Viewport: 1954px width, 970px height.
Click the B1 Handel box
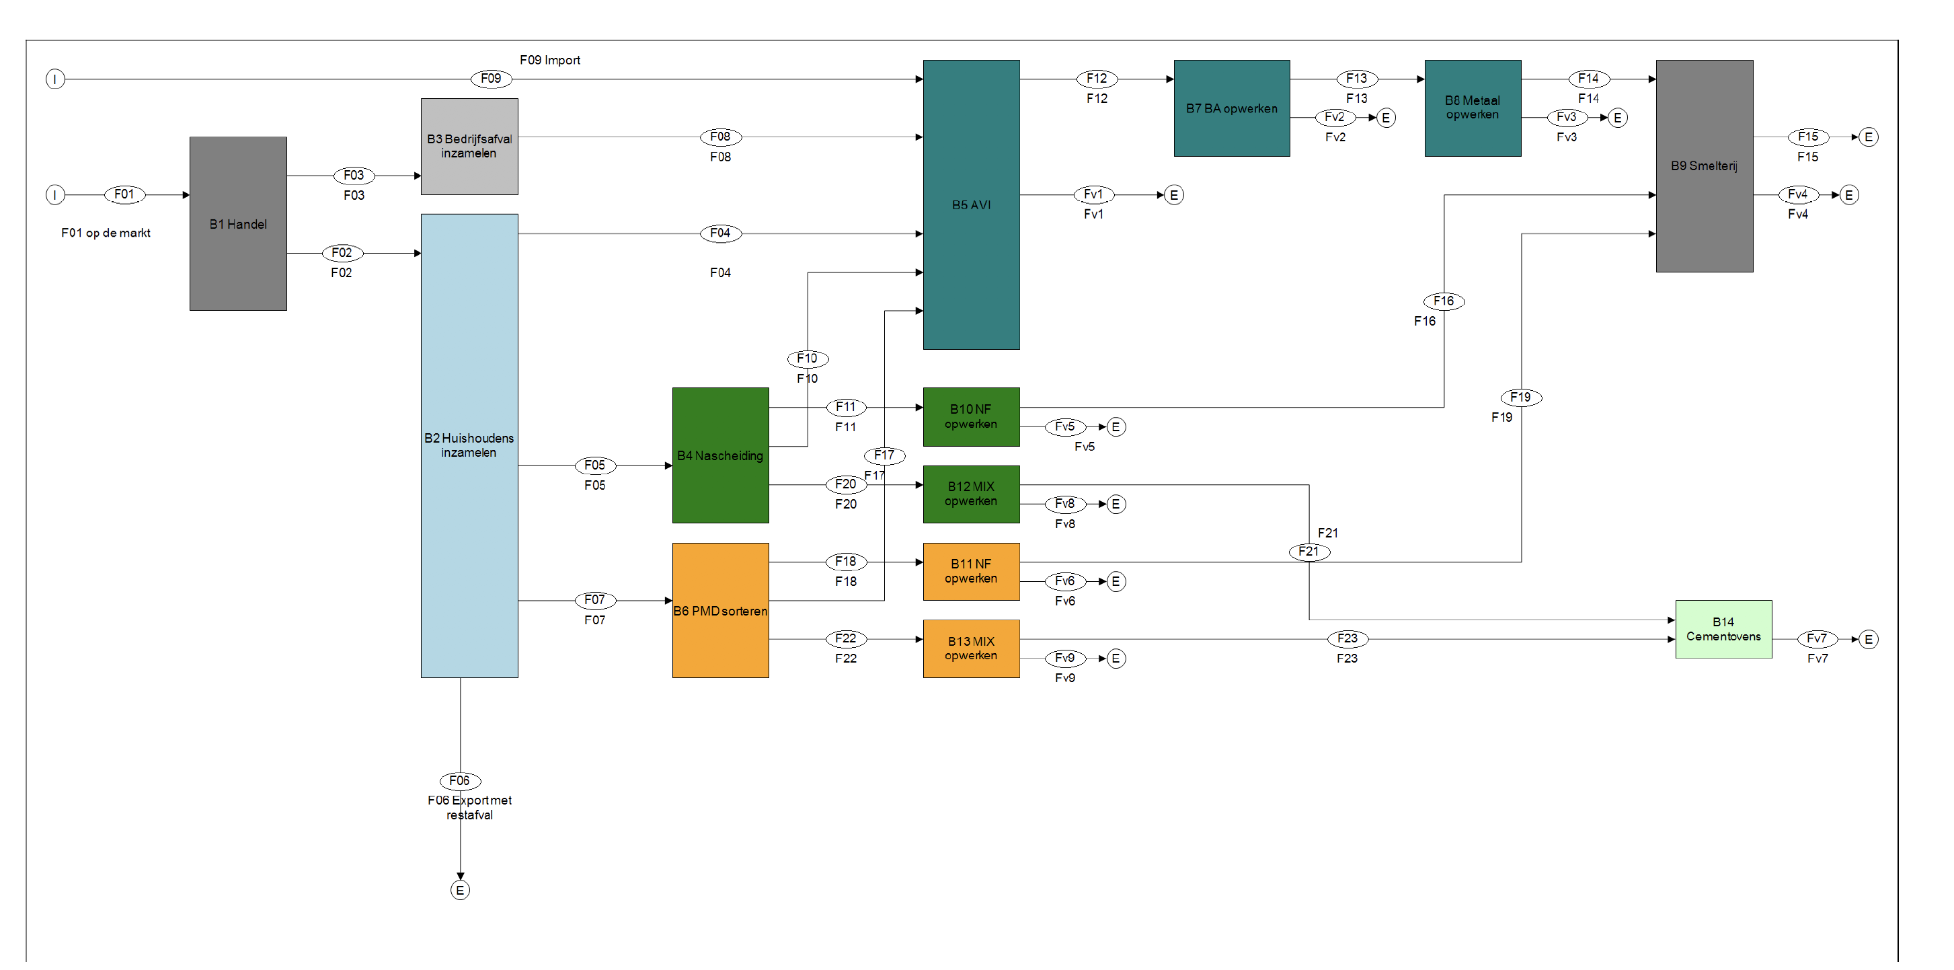[x=238, y=223]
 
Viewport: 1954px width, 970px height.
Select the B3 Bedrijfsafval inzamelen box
[x=469, y=147]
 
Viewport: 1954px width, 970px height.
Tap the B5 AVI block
[x=971, y=204]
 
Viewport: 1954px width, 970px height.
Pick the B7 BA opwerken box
[x=1232, y=108]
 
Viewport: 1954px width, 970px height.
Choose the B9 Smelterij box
[x=1705, y=165]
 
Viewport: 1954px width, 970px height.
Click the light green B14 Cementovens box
[x=1723, y=629]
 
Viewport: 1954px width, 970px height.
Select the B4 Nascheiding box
[x=721, y=455]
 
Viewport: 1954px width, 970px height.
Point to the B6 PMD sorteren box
[x=721, y=610]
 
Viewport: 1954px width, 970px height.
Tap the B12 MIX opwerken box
[x=971, y=494]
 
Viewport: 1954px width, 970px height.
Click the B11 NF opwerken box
[x=971, y=572]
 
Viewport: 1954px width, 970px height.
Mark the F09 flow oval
[x=491, y=78]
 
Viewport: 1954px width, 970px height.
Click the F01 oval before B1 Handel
[x=124, y=194]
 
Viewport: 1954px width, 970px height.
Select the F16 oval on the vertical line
[x=1444, y=301]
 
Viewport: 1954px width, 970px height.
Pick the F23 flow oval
[x=1347, y=639]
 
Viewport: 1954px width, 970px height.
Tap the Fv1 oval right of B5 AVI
[x=1093, y=194]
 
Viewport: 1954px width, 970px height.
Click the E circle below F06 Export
[x=460, y=891]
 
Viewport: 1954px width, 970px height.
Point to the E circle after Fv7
[x=1869, y=639]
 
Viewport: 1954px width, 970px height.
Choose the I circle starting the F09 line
[x=54, y=78]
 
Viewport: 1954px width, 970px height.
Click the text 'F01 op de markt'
[x=106, y=233]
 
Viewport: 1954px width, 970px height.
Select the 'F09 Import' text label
[x=550, y=60]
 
